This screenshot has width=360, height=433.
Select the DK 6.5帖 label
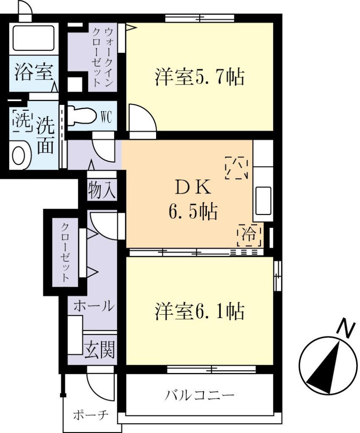tap(192, 200)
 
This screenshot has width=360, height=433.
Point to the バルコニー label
tap(200, 396)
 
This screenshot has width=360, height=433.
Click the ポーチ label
tap(88, 414)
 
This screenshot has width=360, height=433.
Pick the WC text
tap(106, 117)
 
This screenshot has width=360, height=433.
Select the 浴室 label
tap(33, 72)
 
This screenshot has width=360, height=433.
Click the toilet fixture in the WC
tap(82, 116)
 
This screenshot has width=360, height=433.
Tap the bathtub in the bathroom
tap(33, 38)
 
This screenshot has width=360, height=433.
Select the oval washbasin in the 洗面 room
tap(19, 156)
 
